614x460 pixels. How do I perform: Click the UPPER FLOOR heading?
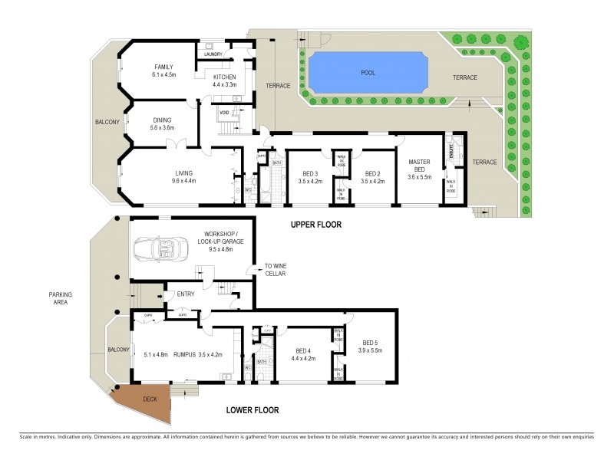(315, 225)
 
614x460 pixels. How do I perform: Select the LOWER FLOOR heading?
(253, 409)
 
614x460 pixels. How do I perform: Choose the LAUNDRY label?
(213, 54)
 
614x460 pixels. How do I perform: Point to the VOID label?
(224, 113)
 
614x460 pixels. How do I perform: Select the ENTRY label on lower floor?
(186, 294)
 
